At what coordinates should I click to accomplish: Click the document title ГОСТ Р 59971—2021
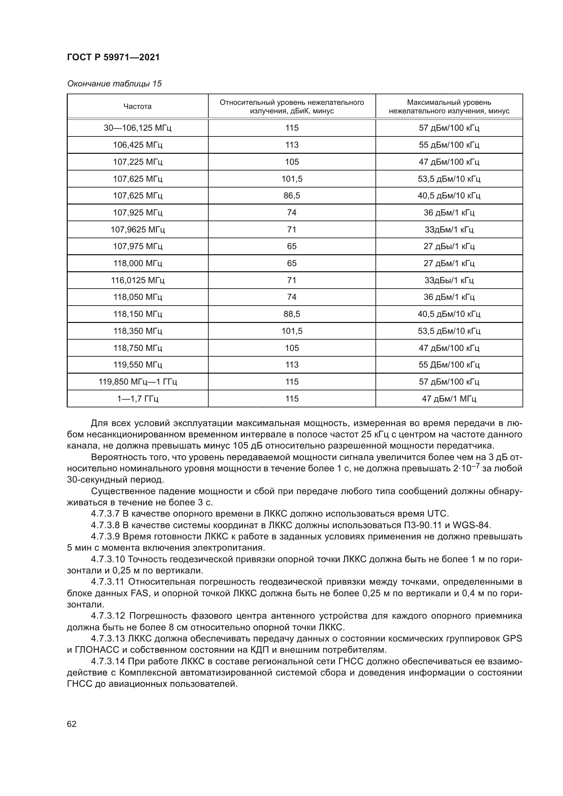click(x=113, y=58)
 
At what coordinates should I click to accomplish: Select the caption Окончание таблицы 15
click(x=114, y=84)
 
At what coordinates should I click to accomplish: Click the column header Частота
click(x=137, y=107)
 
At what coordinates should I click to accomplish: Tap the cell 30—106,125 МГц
click(x=137, y=128)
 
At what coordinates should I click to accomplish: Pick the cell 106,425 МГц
click(x=137, y=145)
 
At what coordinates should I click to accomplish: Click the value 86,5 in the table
click(x=292, y=196)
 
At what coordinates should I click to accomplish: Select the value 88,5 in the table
click(x=292, y=314)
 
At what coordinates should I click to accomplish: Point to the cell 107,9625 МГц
click(x=137, y=229)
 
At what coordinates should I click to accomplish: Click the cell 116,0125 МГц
click(x=137, y=280)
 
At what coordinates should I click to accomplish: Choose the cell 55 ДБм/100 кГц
click(x=449, y=365)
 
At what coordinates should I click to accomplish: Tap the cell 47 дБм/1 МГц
click(x=449, y=399)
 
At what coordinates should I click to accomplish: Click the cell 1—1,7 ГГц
click(x=137, y=399)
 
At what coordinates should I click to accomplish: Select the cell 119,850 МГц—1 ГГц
click(x=137, y=382)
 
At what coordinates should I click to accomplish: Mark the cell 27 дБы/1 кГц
click(x=449, y=246)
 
